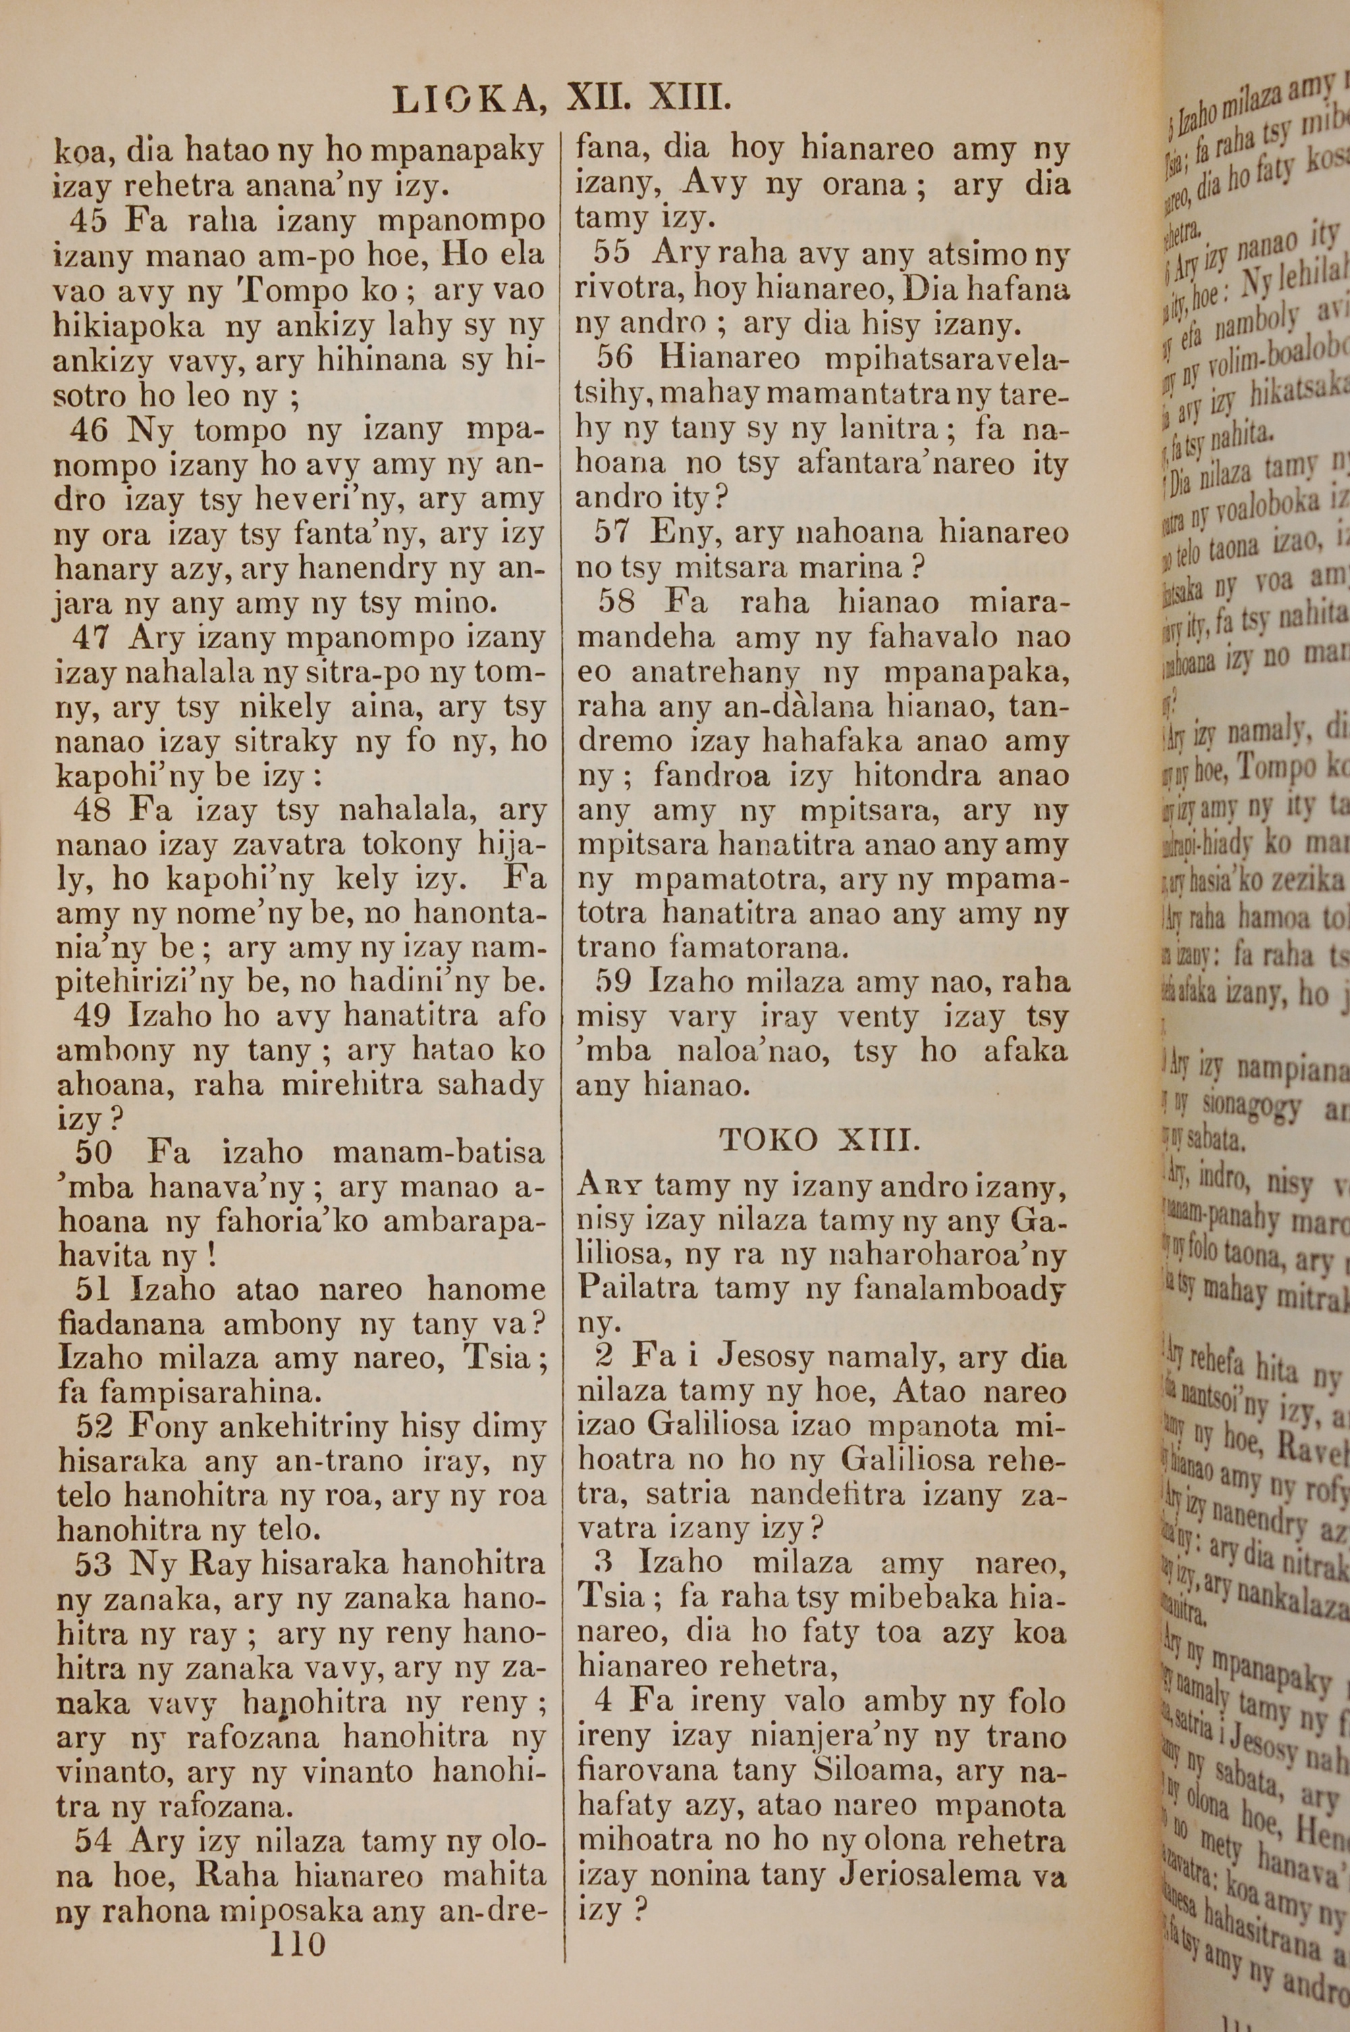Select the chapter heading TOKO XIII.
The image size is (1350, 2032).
(819, 1140)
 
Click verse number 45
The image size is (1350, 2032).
(88, 222)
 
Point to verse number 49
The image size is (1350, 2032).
(92, 1015)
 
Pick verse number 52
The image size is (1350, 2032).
(94, 1427)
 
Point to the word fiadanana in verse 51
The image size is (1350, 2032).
(131, 1323)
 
